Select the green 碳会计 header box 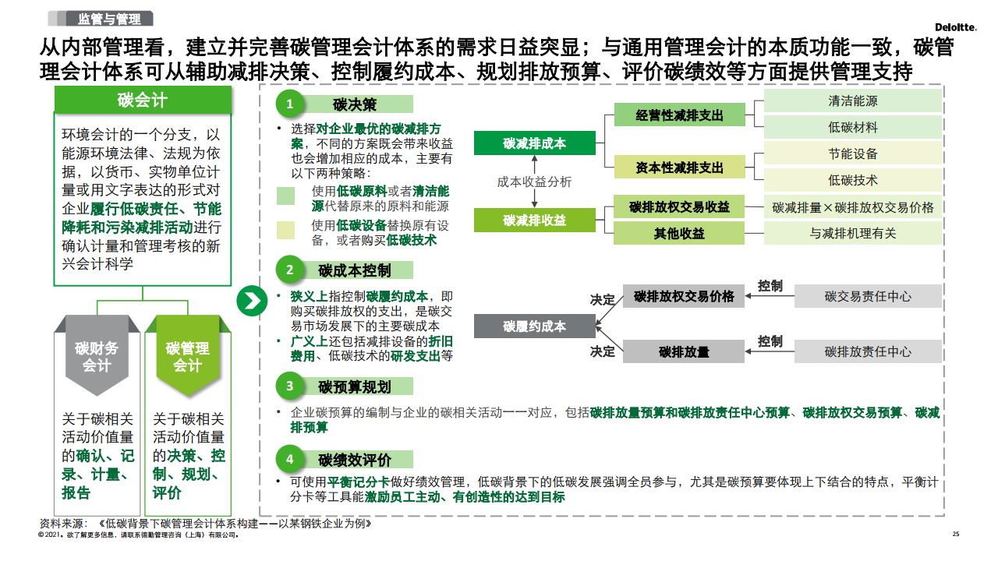(x=143, y=99)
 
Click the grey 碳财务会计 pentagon (x=97, y=357)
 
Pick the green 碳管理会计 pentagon (x=188, y=357)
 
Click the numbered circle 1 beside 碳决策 (x=290, y=104)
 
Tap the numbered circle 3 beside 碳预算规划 (x=290, y=386)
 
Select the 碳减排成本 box (x=535, y=143)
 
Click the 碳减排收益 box (x=535, y=220)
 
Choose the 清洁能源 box (x=853, y=101)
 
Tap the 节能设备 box (x=853, y=154)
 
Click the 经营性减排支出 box (x=679, y=115)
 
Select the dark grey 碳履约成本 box (x=535, y=326)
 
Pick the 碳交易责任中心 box (x=868, y=296)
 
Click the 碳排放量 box (x=684, y=351)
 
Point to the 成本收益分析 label (x=535, y=182)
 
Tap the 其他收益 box (x=679, y=233)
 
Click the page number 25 (x=956, y=535)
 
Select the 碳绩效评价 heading (x=355, y=460)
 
